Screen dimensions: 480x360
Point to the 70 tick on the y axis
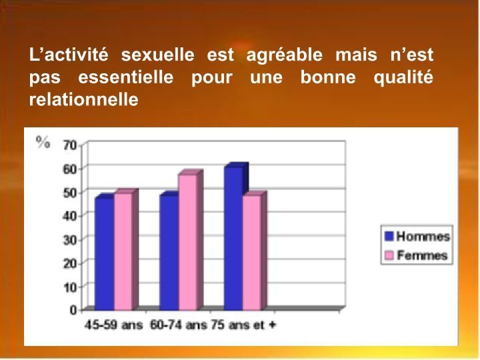point(70,145)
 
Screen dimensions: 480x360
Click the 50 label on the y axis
point(70,193)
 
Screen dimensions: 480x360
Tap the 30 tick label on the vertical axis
point(70,240)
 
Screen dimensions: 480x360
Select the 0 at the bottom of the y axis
point(73,310)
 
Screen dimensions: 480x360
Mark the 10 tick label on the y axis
point(70,287)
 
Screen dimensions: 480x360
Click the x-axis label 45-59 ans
point(113,325)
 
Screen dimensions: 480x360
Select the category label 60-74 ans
point(179,325)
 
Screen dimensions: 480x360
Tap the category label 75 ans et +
point(243,325)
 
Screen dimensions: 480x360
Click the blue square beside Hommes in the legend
point(389,236)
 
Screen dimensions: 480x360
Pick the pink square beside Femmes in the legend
point(389,255)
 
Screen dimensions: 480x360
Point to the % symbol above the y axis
point(43,143)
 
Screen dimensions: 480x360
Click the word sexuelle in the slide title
point(157,55)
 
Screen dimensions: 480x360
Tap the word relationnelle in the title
point(83,99)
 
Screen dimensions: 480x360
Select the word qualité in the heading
point(403,78)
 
